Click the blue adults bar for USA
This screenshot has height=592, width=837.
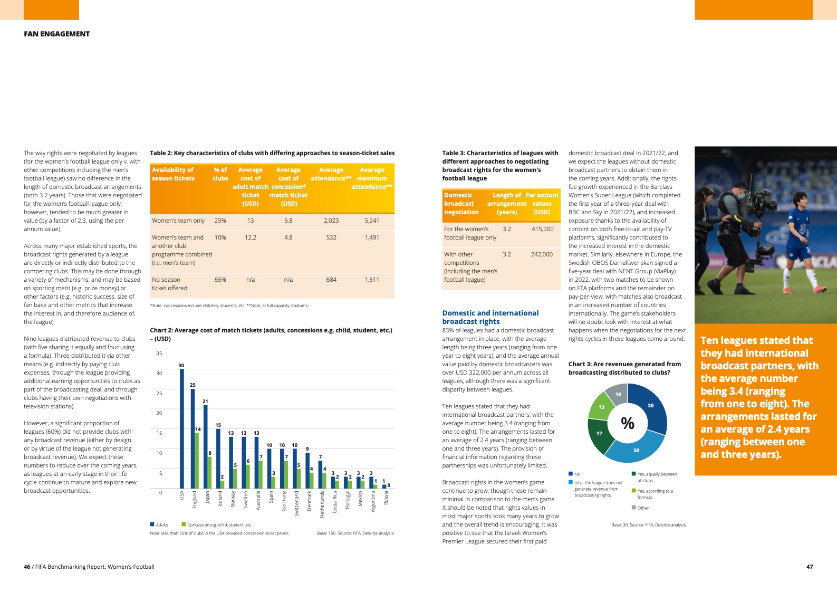[182, 428]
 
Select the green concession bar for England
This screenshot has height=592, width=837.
[197, 460]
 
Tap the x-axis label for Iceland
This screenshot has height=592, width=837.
[220, 499]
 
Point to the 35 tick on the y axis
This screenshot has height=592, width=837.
[159, 354]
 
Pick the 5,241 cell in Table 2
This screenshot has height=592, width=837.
[372, 221]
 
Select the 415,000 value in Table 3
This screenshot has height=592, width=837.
[542, 229]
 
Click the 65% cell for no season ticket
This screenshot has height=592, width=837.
[220, 280]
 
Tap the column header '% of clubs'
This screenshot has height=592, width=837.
[220, 174]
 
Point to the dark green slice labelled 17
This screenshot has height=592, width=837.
[600, 434]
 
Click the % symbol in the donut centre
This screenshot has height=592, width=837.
[628, 423]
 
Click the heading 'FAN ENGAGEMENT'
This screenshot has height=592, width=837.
[57, 34]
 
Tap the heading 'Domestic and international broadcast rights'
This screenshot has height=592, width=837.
[490, 317]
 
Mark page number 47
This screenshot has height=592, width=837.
[810, 567]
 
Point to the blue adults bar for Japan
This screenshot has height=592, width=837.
[206, 446]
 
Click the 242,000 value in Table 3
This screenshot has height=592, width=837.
[542, 254]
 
